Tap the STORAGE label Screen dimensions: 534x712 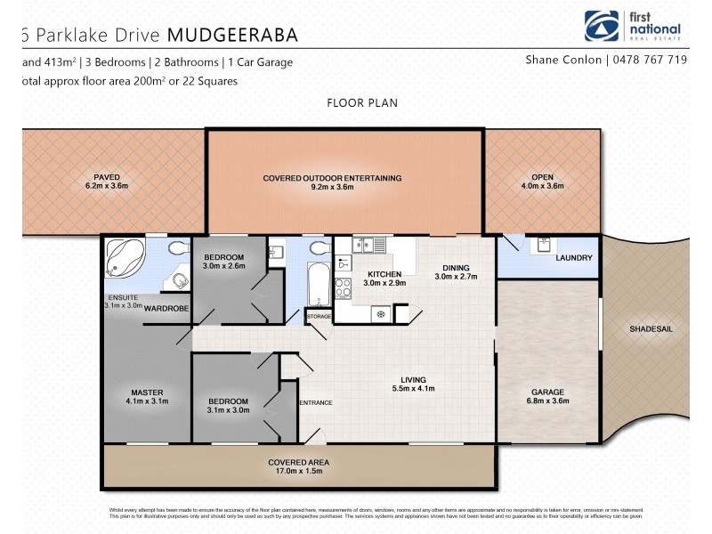pyautogui.click(x=318, y=316)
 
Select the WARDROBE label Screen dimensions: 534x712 pyautogui.click(x=164, y=309)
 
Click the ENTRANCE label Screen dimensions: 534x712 pyautogui.click(x=315, y=403)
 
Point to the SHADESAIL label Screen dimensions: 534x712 pyautogui.click(x=651, y=328)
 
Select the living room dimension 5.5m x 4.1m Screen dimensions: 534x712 pyautogui.click(x=412, y=388)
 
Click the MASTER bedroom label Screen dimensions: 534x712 pyautogui.click(x=147, y=392)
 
